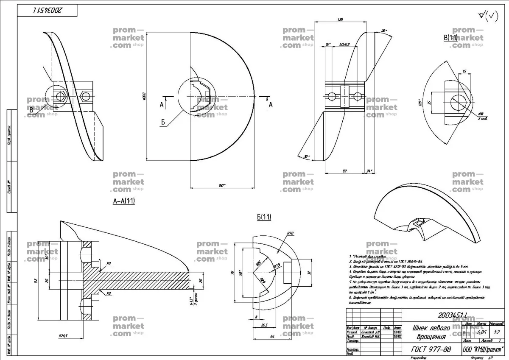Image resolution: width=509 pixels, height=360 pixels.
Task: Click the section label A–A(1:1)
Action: (124, 201)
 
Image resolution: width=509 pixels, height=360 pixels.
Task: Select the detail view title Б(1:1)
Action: (264, 217)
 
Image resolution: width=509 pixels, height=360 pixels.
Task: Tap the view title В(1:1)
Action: (450, 38)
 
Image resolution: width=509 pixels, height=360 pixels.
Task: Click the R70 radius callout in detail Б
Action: (291, 233)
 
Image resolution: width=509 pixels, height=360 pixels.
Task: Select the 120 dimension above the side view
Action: (340, 20)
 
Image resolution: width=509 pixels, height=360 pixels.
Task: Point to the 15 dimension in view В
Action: (464, 72)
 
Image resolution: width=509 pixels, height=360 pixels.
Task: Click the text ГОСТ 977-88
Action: (431, 349)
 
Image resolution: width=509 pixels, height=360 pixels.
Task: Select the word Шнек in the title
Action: (422, 328)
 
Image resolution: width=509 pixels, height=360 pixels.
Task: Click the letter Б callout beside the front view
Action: (162, 122)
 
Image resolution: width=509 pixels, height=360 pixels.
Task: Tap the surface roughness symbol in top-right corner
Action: (489, 16)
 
